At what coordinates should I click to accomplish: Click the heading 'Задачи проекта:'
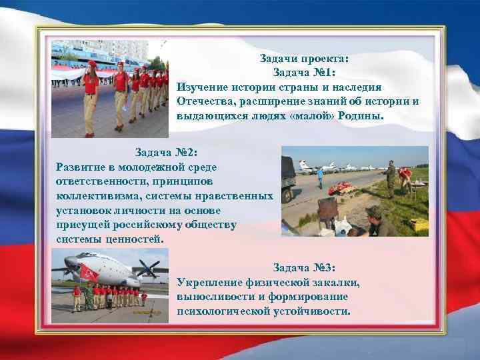click(304, 59)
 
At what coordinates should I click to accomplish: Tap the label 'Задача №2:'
click(166, 153)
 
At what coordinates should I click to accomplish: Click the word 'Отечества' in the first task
click(206, 101)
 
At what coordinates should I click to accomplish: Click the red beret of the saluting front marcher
click(91, 63)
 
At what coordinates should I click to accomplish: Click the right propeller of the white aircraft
click(148, 270)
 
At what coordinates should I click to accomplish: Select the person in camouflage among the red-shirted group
click(77, 298)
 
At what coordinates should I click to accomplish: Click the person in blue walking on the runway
click(320, 178)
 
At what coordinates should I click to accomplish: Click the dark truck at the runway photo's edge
click(288, 175)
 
